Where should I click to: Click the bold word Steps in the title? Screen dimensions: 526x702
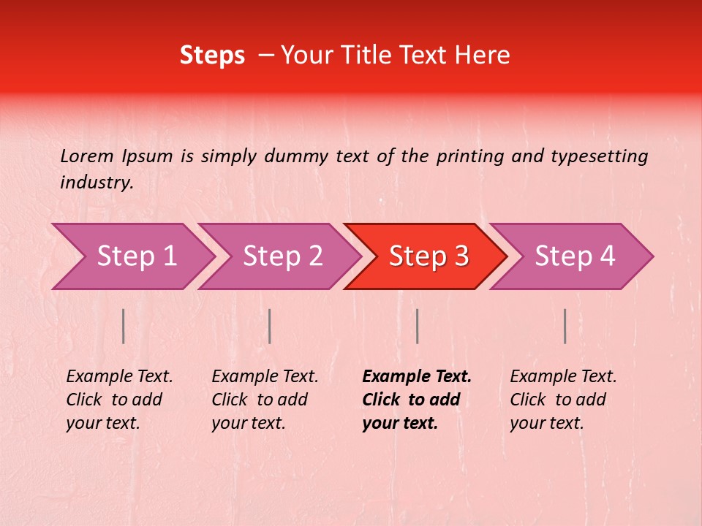tap(212, 56)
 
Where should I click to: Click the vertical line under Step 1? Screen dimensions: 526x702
tap(124, 326)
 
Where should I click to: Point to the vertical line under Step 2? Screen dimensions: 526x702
tap(270, 326)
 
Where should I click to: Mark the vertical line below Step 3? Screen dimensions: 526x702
tap(418, 326)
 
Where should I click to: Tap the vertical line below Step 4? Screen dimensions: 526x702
tap(565, 326)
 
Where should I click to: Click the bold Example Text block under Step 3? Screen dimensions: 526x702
tap(417, 400)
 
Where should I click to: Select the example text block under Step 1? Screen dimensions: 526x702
tap(119, 400)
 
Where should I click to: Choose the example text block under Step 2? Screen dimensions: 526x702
tap(265, 400)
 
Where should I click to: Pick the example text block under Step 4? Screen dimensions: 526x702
tap(563, 400)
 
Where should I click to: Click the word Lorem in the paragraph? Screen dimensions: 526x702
tap(87, 156)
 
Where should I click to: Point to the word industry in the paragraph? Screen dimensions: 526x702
tap(97, 183)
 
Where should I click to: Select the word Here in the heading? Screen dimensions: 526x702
tap(486, 56)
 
